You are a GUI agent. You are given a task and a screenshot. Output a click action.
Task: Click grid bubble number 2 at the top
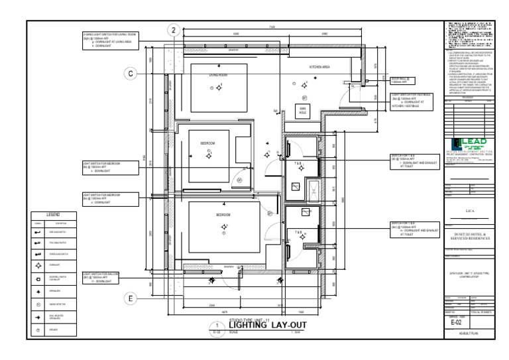(x=174, y=30)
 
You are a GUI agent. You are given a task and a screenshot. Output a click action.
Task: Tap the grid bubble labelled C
(x=131, y=74)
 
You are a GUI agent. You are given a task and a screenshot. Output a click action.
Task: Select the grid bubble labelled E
(x=131, y=299)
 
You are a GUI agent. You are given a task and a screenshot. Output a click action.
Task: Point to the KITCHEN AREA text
(x=320, y=68)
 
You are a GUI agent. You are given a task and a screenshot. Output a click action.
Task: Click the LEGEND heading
(x=53, y=215)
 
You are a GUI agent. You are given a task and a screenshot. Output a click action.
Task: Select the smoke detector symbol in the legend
(x=38, y=304)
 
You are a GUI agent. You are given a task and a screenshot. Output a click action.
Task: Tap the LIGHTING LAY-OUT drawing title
(x=268, y=324)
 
